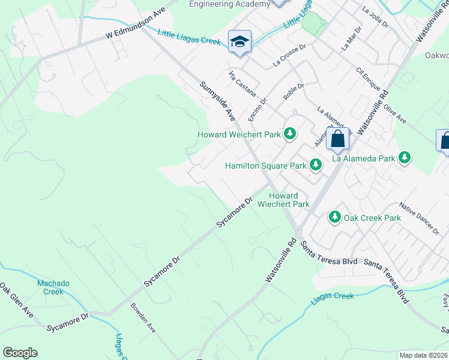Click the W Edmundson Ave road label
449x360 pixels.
pos(135,28)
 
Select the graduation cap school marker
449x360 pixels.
pos(240,41)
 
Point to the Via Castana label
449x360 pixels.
pos(243,84)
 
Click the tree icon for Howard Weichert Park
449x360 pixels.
pos(291,133)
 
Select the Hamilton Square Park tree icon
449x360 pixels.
pos(316,165)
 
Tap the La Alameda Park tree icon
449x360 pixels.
pos(405,157)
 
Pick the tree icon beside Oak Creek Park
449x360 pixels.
pos(334,217)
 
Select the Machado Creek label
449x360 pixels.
pos(53,287)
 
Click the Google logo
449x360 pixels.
pos(20,353)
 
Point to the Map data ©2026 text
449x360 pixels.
pos(423,355)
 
